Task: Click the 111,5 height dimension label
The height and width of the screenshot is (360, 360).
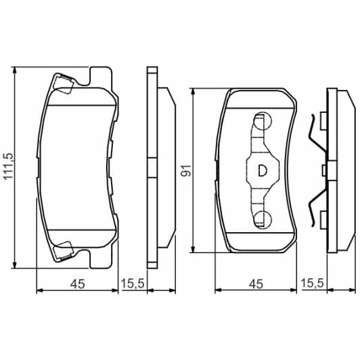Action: [x=8, y=167]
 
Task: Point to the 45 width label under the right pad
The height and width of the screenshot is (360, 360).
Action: [x=255, y=284]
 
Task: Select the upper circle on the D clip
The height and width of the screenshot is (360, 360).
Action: [x=261, y=122]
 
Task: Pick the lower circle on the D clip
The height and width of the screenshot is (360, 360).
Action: [x=261, y=218]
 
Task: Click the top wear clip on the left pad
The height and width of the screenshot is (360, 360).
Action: [x=64, y=85]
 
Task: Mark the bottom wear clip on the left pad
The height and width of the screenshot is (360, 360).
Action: [x=64, y=250]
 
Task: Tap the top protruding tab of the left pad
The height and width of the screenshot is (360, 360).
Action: [x=100, y=73]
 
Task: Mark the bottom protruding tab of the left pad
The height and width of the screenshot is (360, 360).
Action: [x=100, y=263]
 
